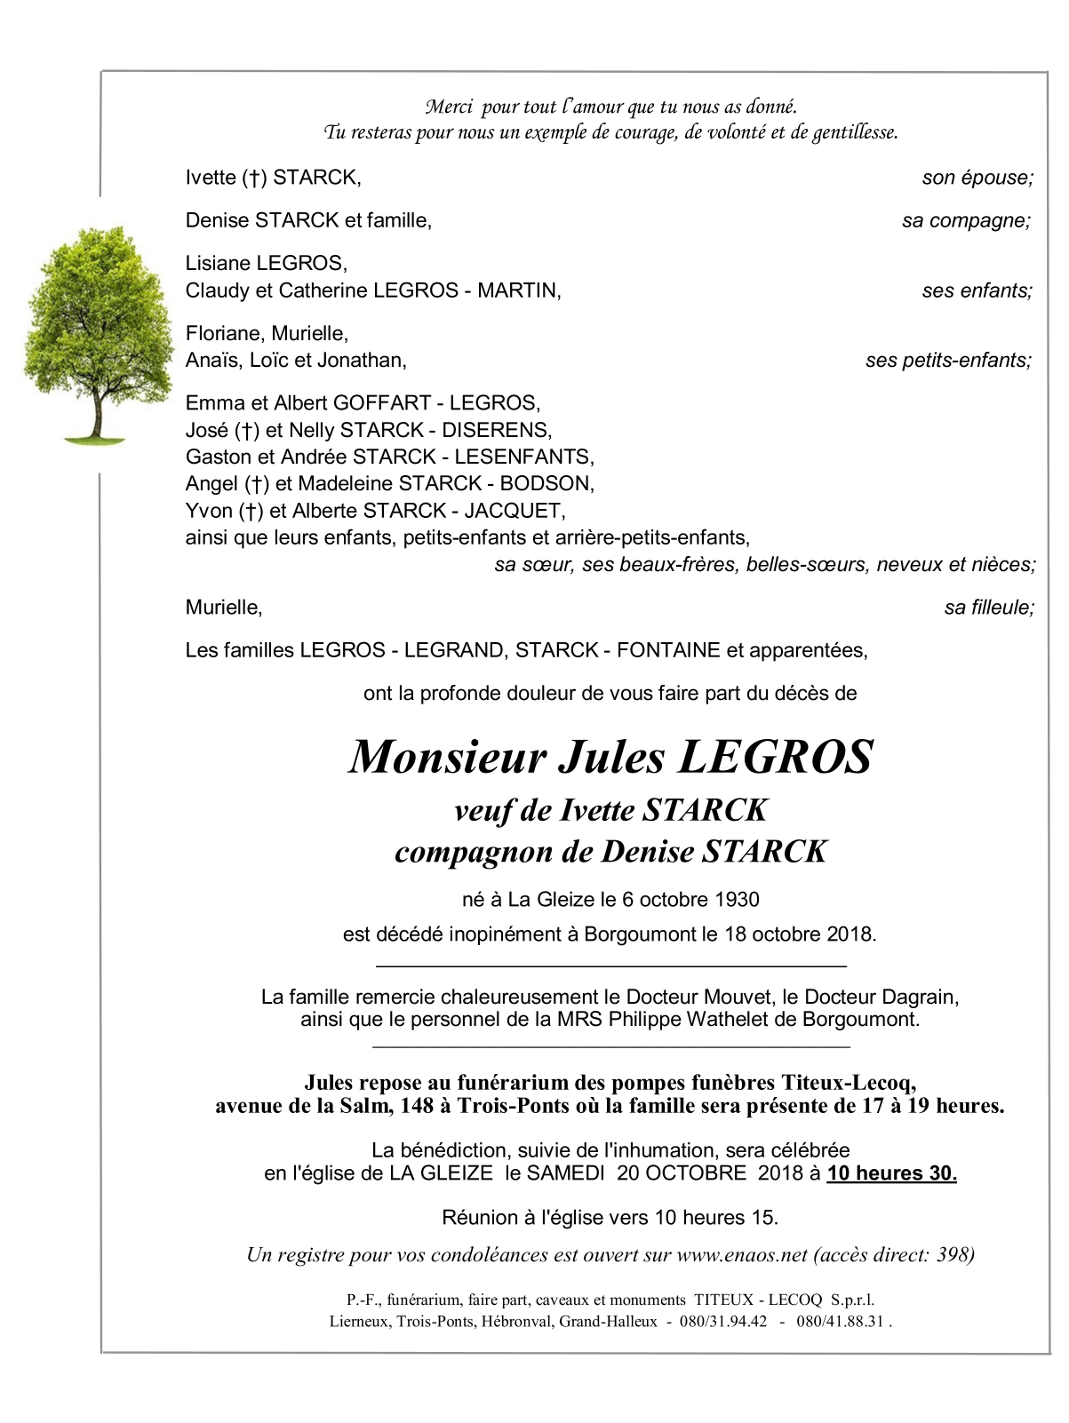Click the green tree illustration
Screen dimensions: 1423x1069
(x=97, y=333)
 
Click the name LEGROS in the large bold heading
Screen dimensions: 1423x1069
(x=776, y=757)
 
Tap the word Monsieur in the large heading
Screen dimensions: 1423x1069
(x=447, y=757)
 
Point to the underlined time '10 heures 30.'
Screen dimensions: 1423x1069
(x=891, y=1173)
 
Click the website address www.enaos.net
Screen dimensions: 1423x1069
(x=742, y=1254)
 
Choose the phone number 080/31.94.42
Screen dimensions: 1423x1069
(x=723, y=1321)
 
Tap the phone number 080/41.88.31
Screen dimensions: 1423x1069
(x=840, y=1321)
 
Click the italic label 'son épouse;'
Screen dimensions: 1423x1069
(x=977, y=178)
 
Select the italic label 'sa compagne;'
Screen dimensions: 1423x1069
(x=966, y=220)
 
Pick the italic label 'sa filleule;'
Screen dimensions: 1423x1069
(x=989, y=608)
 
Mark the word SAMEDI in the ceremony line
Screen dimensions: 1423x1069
(x=565, y=1173)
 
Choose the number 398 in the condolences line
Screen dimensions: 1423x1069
(x=953, y=1254)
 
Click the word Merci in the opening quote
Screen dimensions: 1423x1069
(x=449, y=107)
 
